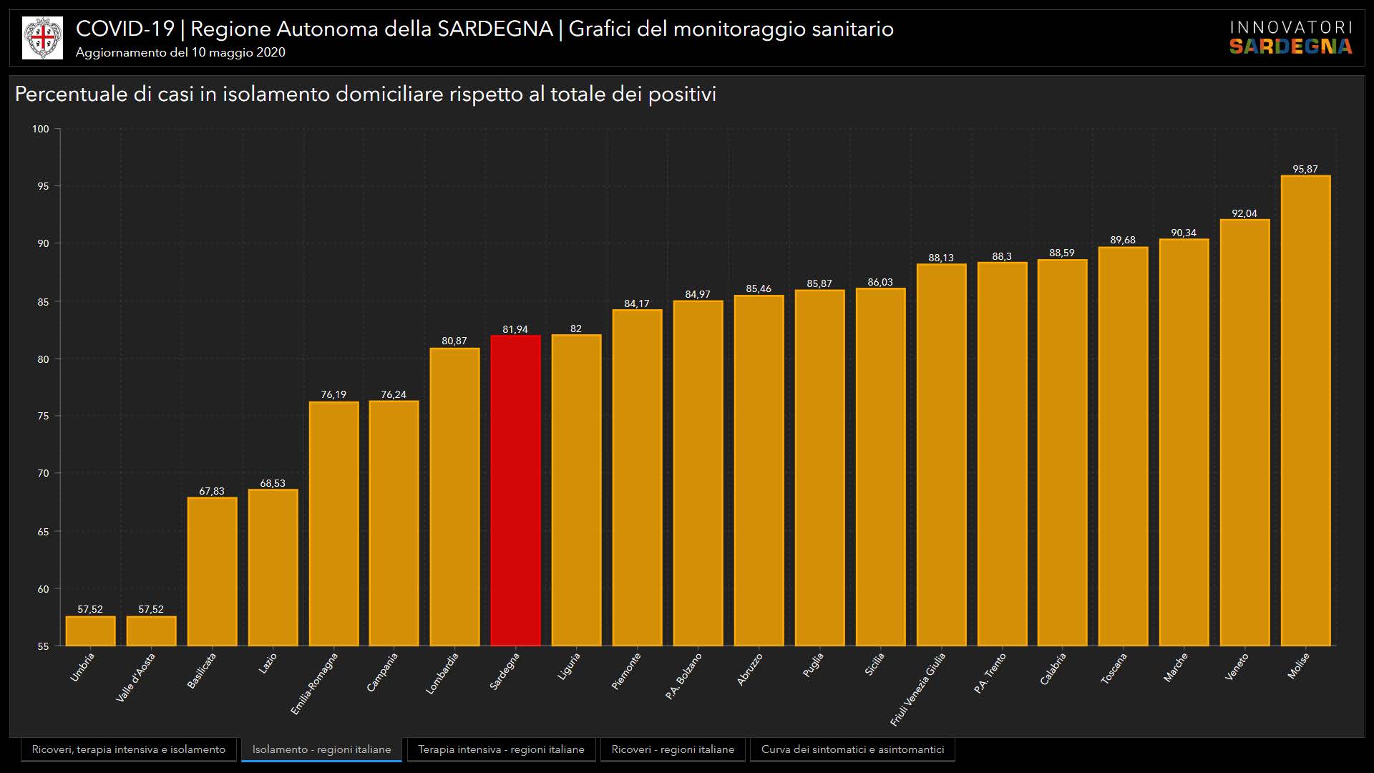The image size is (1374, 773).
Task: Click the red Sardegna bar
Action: click(x=515, y=490)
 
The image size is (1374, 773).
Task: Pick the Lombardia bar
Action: click(x=454, y=497)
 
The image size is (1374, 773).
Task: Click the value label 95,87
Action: click(x=1305, y=170)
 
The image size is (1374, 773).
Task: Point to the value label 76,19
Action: click(x=333, y=394)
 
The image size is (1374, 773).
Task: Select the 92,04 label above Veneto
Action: click(x=1244, y=213)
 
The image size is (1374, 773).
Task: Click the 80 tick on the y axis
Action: click(x=43, y=359)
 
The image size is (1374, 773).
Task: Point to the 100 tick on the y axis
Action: click(x=41, y=129)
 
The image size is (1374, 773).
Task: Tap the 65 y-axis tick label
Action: click(x=43, y=532)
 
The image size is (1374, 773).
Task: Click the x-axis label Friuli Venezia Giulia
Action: click(x=918, y=689)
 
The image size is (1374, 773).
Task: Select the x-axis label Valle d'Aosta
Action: click(x=136, y=677)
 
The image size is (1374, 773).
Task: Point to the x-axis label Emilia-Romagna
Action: click(x=314, y=684)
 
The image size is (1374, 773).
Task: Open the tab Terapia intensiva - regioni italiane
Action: click(x=501, y=749)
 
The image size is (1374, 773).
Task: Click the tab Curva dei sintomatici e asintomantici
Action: click(x=852, y=749)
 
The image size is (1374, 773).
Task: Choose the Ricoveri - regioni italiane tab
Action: click(x=673, y=749)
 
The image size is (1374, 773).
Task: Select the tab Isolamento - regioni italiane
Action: click(x=321, y=749)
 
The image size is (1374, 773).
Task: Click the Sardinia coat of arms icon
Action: click(x=42, y=38)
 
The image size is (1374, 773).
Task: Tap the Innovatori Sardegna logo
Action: click(x=1290, y=38)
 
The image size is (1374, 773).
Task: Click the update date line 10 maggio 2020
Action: click(x=180, y=52)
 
